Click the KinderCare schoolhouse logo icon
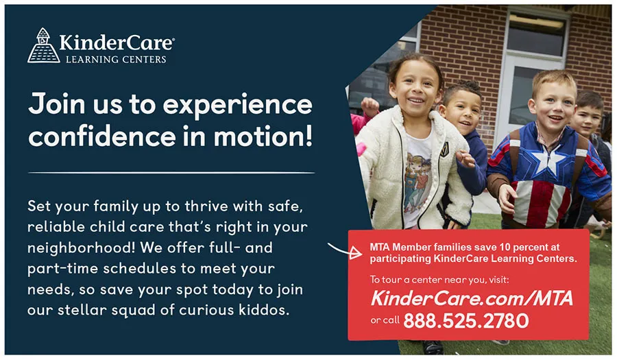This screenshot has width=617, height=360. [43, 45]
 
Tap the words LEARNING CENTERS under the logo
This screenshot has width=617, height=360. [116, 59]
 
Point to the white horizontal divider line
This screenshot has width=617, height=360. [171, 172]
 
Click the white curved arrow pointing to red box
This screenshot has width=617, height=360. [343, 250]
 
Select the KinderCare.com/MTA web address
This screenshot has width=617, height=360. [472, 298]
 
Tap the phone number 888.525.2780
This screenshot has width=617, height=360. [466, 320]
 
